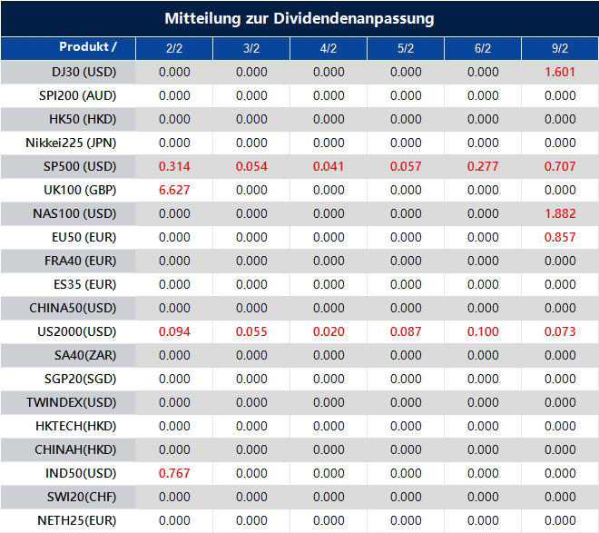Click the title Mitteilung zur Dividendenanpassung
coord(299,18)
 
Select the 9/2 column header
coord(560,48)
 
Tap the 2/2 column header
coord(174,48)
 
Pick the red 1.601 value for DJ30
coord(560,73)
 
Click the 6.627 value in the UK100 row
coord(174,191)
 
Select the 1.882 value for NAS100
coord(560,214)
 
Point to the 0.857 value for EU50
coord(560,238)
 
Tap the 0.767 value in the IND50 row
coord(174,474)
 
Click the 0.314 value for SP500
coord(174,167)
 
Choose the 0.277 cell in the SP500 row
coord(483,167)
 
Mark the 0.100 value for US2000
coord(483,332)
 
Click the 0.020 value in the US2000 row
coord(329,332)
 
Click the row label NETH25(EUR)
coord(77,521)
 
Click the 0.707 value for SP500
coord(560,167)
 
